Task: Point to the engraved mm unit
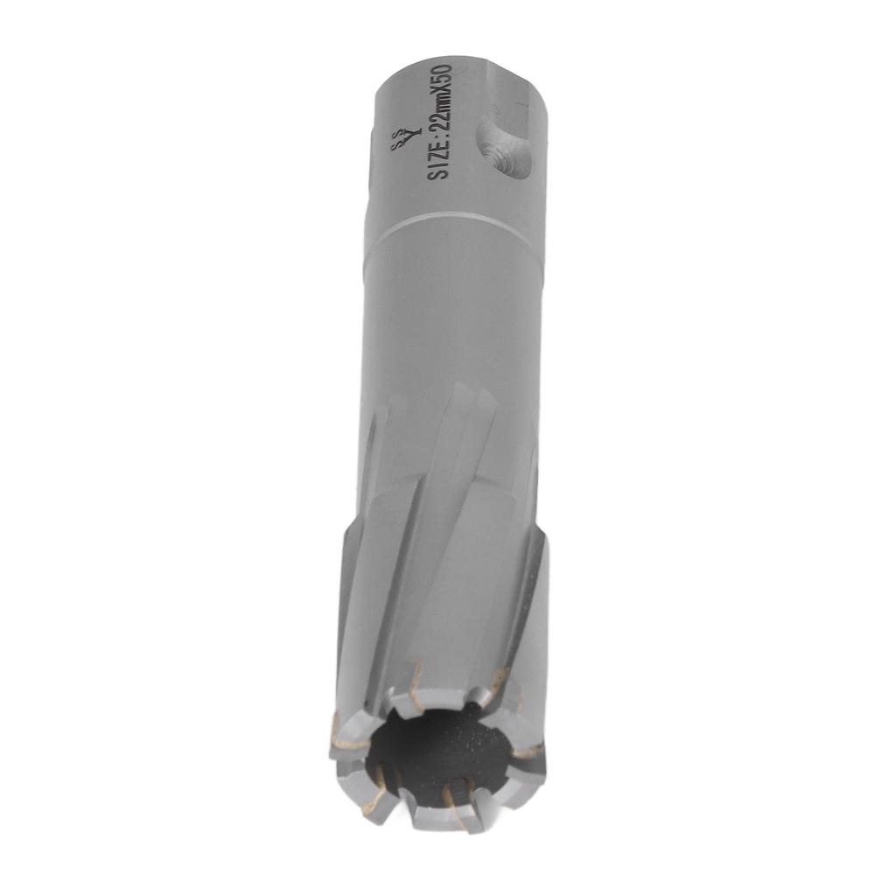click(440, 95)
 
